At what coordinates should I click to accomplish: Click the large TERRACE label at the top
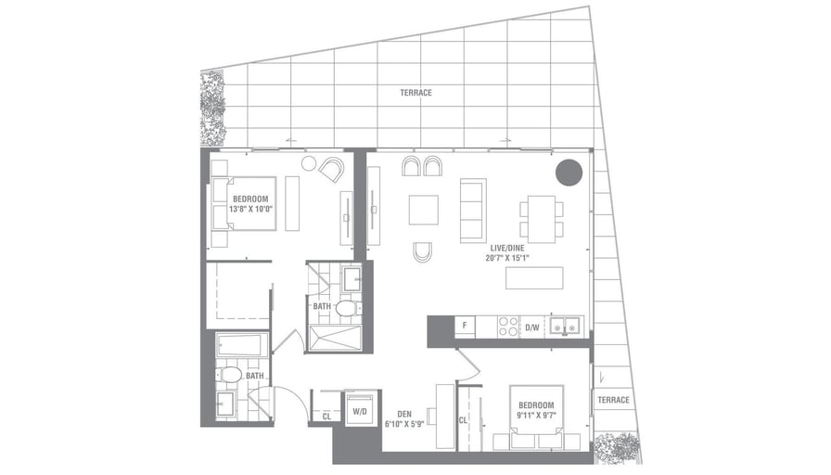415,93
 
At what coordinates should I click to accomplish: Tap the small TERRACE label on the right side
613,400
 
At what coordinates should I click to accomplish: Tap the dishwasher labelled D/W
532,327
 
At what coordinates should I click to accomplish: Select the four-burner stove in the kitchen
508,327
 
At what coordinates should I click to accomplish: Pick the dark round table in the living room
569,173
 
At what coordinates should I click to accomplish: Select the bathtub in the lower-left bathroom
242,346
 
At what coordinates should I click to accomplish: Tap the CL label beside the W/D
326,417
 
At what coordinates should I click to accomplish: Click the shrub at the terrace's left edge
212,108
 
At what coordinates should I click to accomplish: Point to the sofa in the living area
473,211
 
